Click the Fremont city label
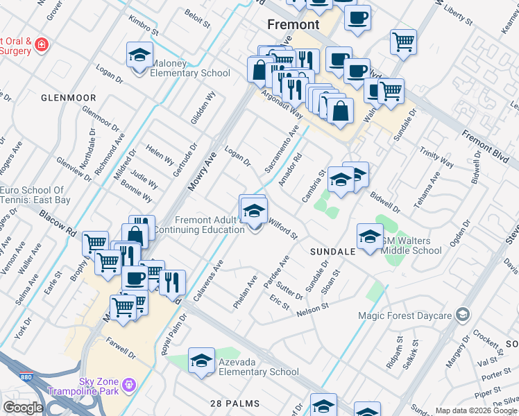coord(293,24)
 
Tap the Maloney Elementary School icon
coord(139,55)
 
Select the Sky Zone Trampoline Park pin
coord(128,384)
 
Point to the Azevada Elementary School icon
coord(201,361)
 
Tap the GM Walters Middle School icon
coord(370,236)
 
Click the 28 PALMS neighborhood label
coord(236,403)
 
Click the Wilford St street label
coord(283,229)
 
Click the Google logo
coord(22,408)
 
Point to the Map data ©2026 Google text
coord(477,410)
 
